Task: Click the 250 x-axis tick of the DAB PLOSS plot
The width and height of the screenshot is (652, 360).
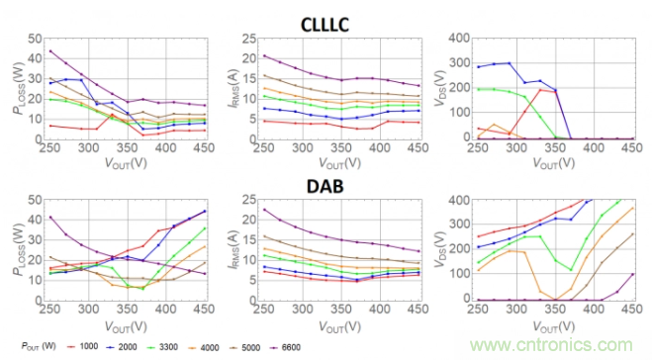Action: pos(50,312)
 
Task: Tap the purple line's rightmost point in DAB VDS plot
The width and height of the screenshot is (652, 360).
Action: pos(629,274)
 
